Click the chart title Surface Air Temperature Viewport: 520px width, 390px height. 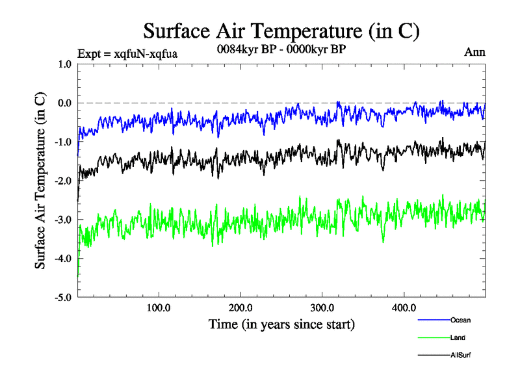(x=281, y=31)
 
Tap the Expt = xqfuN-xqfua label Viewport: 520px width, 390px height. (x=127, y=53)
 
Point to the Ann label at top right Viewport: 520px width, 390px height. (x=474, y=52)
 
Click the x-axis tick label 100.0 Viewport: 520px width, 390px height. (x=159, y=307)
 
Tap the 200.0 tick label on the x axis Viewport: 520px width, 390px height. (x=240, y=307)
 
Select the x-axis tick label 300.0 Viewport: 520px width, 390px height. (x=322, y=307)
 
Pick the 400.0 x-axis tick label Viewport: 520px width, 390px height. (x=404, y=307)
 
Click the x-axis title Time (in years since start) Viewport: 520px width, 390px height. (x=281, y=323)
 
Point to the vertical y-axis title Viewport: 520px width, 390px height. (x=40, y=181)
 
